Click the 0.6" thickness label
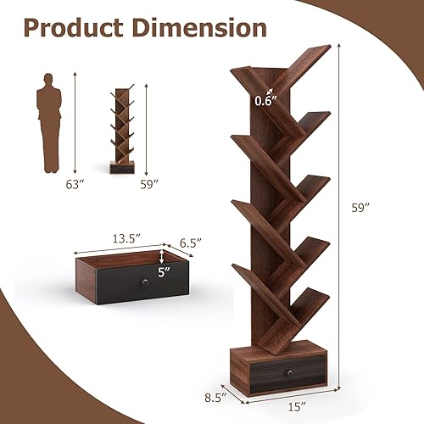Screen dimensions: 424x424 (264, 101)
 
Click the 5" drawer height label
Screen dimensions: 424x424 (165, 273)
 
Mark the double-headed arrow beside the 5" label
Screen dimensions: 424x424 (163, 258)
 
